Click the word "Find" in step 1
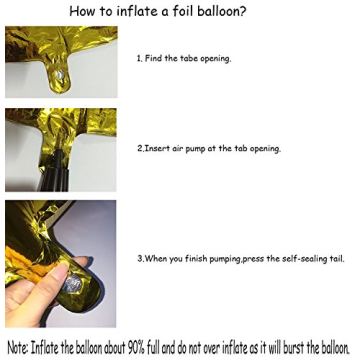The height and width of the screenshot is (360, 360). point(155,59)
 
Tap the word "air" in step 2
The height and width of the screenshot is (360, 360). point(179,148)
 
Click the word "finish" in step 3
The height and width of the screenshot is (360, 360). point(194,259)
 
